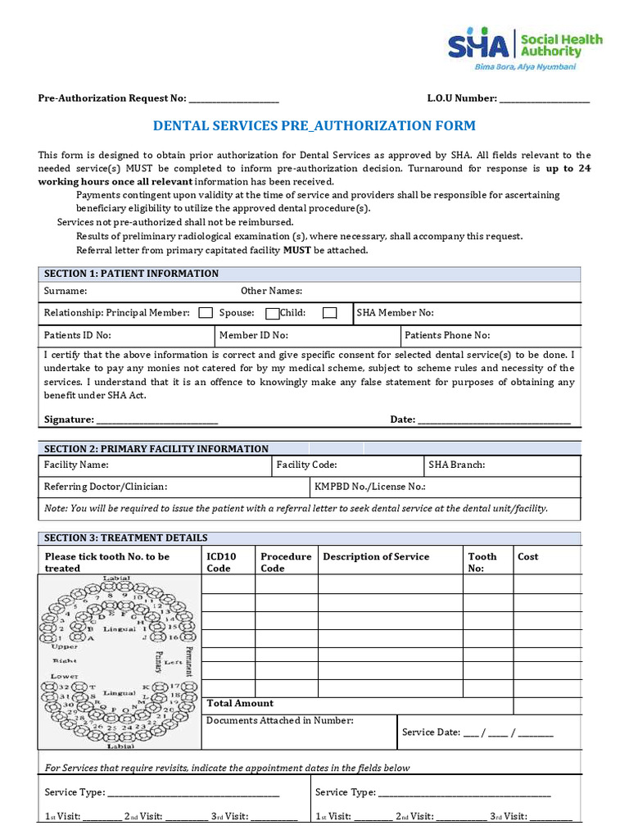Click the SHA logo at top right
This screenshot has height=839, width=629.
524,48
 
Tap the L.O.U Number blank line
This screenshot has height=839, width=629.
544,99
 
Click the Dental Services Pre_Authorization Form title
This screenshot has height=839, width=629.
314,126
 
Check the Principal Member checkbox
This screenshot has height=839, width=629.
206,312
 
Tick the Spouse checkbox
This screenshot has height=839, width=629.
273,312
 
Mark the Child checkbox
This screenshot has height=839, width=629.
329,312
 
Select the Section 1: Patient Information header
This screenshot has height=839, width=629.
131,274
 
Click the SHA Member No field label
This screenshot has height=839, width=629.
396,312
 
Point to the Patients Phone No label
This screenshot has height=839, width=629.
447,335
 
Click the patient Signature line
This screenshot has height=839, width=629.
157,420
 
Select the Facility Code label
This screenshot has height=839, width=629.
306,465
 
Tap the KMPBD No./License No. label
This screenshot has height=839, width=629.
370,487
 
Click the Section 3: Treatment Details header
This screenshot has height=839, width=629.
125,537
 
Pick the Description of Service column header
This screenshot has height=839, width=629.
376,556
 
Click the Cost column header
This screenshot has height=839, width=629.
528,556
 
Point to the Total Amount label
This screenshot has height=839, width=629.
240,703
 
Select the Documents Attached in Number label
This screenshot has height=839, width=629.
280,720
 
